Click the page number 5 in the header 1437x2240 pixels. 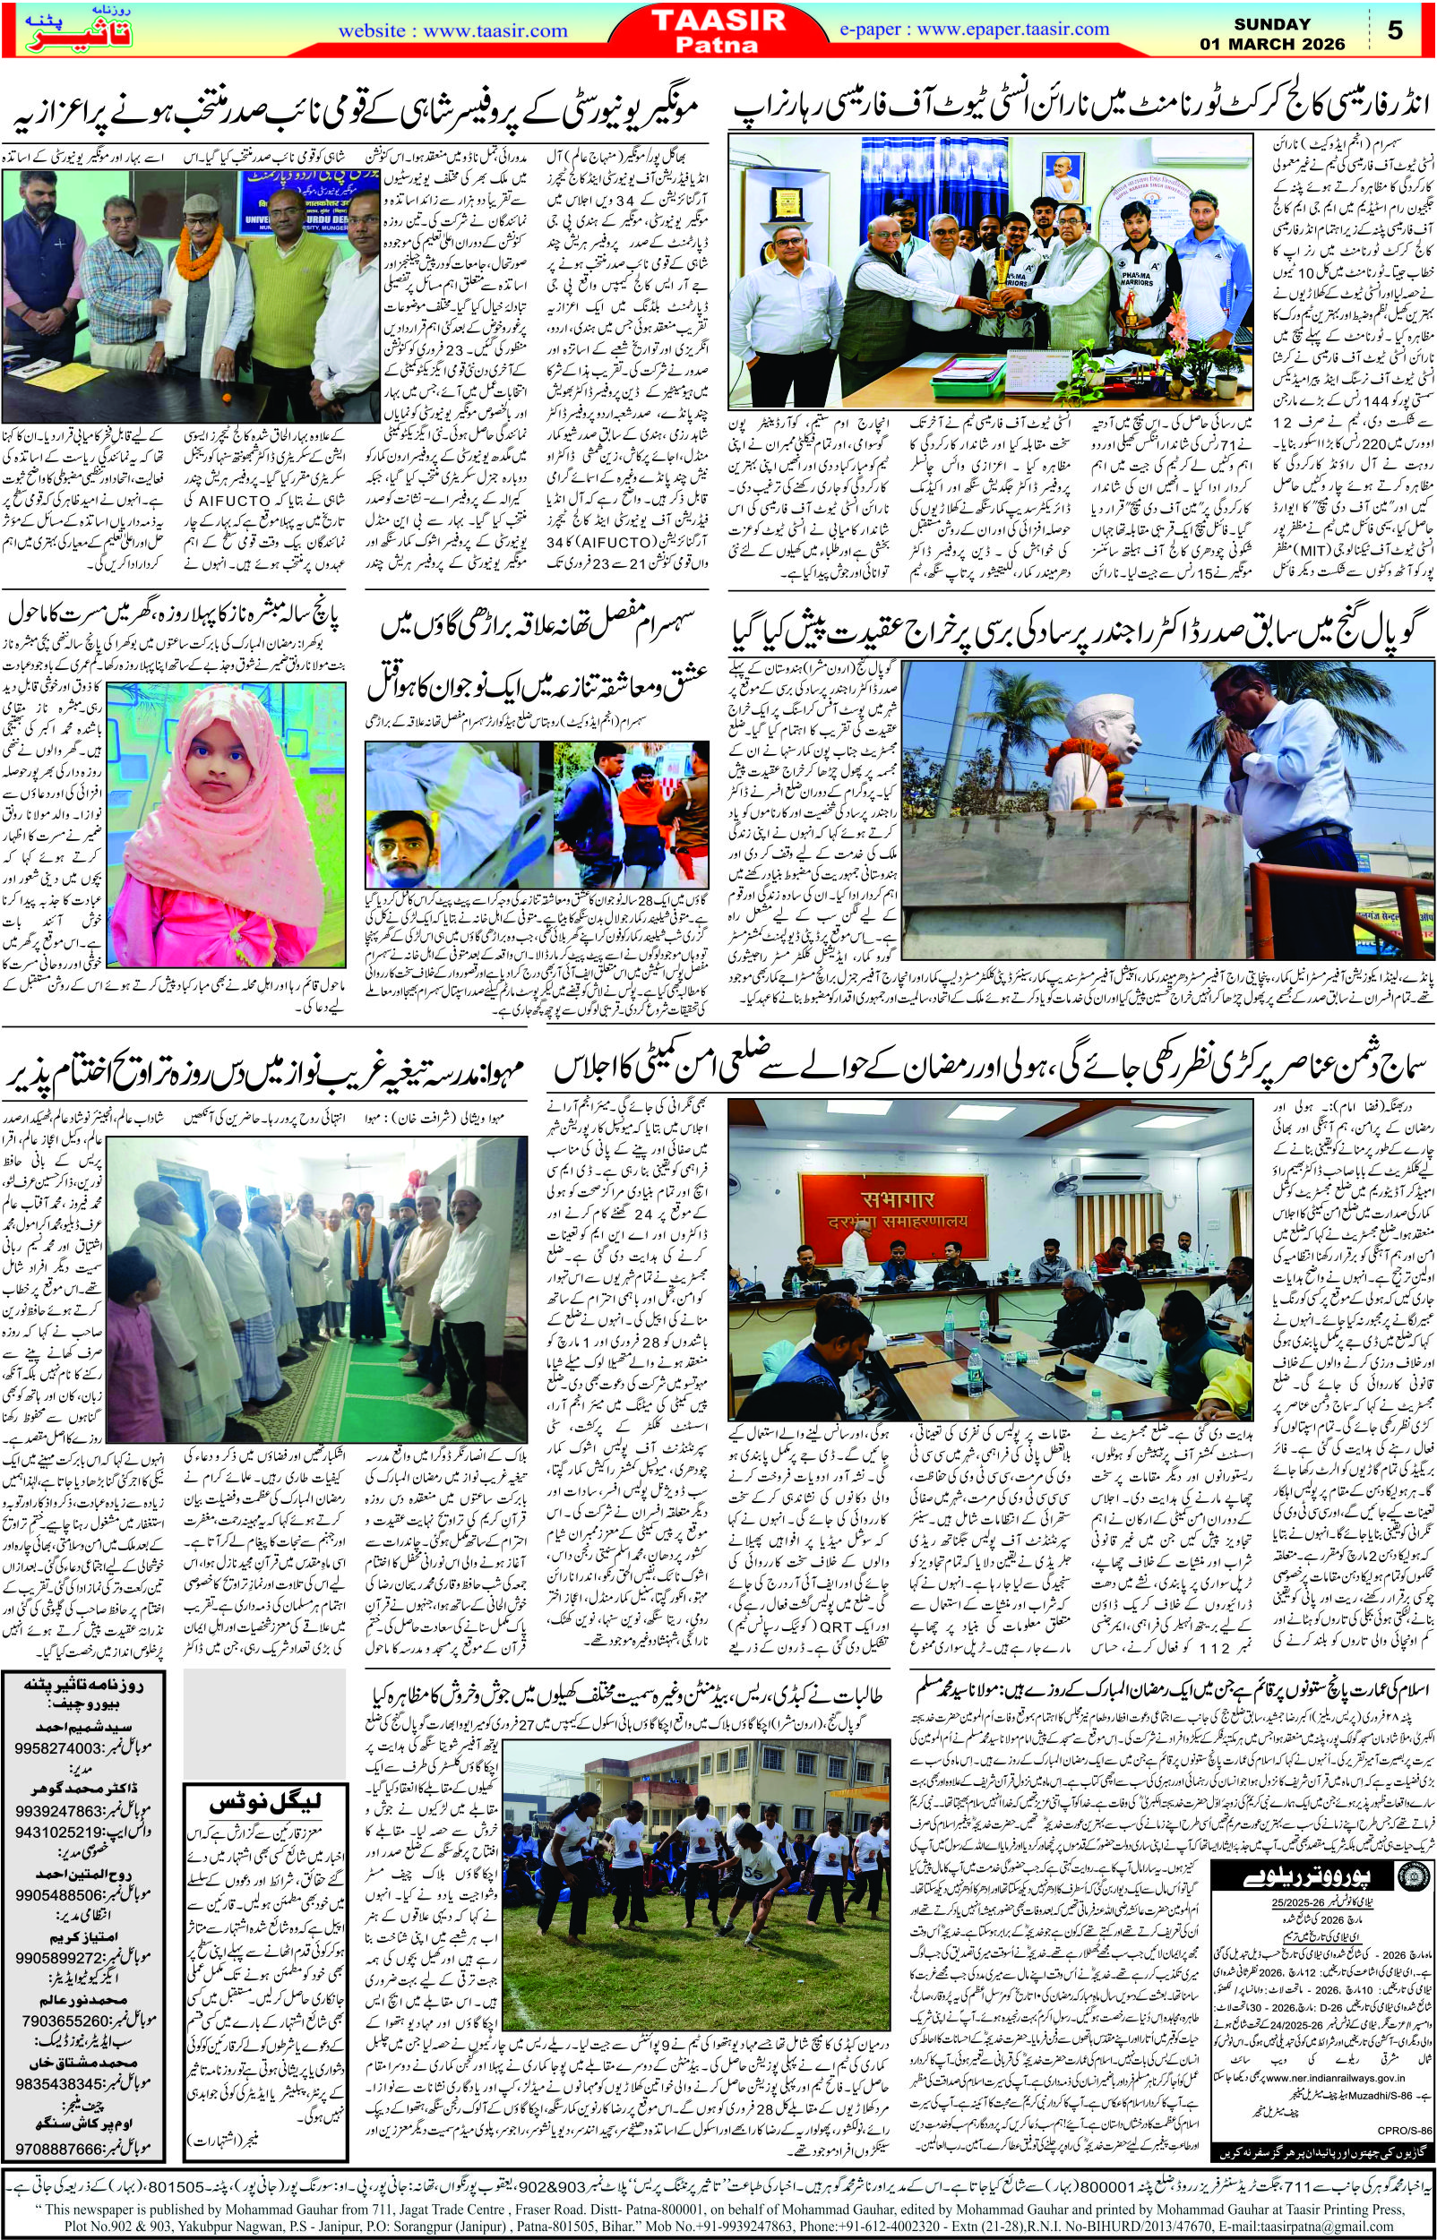(x=1395, y=30)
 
